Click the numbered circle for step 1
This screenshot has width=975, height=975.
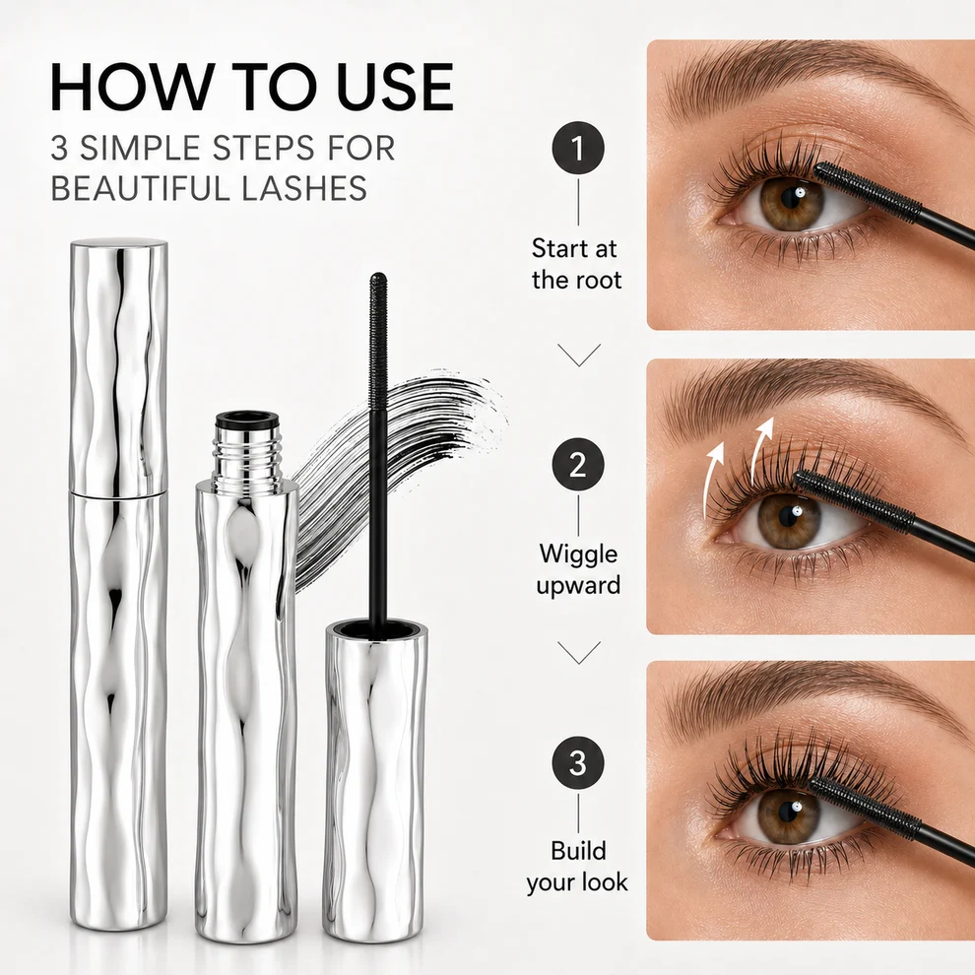pos(578,148)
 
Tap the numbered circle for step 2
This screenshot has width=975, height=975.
pos(578,464)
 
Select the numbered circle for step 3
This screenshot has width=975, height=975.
pos(578,762)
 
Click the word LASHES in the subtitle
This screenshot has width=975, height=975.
pos(303,188)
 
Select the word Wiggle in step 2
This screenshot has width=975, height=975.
pos(578,554)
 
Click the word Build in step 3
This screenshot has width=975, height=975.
pos(578,850)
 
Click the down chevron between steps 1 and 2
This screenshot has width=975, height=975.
pos(579,356)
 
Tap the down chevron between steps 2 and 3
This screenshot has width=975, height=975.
pos(579,653)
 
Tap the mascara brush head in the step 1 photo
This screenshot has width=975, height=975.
pos(868,192)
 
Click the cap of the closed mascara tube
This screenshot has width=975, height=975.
pos(118,367)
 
